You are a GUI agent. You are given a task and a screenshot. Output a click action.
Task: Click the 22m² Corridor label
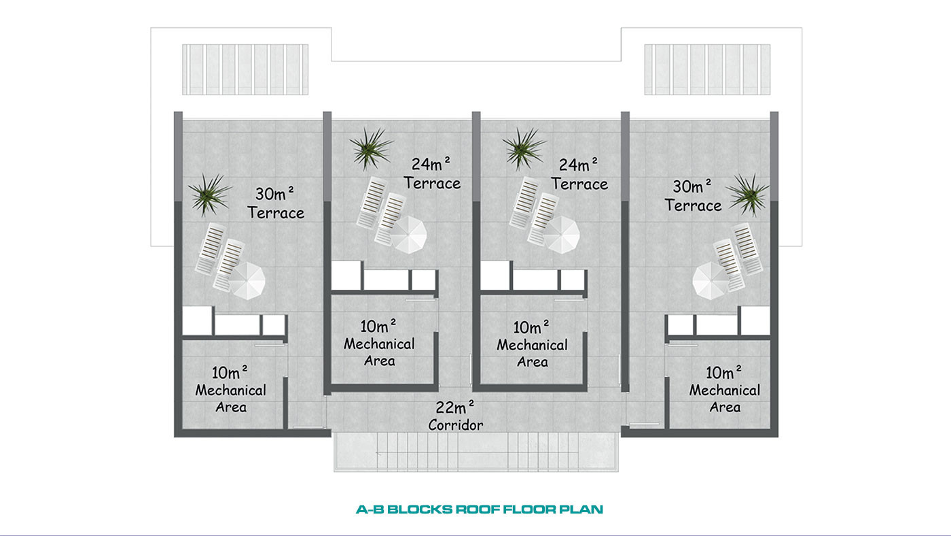(x=455, y=416)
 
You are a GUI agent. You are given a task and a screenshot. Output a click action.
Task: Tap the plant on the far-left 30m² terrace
(x=209, y=195)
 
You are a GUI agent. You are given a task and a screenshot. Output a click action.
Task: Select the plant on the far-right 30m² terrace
(x=749, y=195)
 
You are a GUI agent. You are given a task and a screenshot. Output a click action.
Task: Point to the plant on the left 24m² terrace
(x=371, y=148)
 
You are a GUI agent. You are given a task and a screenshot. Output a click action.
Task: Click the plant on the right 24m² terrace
(x=524, y=148)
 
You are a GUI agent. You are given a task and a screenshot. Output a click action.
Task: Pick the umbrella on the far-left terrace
(x=247, y=281)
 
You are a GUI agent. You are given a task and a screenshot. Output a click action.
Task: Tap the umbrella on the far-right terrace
(x=711, y=280)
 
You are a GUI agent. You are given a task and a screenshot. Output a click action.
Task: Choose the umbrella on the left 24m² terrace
(x=408, y=235)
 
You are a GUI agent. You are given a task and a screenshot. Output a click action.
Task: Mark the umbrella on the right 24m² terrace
(x=561, y=235)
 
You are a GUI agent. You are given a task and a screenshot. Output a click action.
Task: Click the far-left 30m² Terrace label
(x=276, y=203)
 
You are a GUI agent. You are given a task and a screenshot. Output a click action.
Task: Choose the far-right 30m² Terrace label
(x=693, y=196)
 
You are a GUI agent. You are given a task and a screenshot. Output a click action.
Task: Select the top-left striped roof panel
(x=245, y=69)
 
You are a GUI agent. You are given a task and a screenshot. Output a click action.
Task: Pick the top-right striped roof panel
(x=707, y=69)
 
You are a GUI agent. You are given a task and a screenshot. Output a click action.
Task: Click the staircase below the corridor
(x=476, y=452)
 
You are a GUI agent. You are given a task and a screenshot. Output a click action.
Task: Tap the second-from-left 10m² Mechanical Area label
(x=379, y=343)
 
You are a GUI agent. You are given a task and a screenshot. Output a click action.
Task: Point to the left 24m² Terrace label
(x=432, y=173)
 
